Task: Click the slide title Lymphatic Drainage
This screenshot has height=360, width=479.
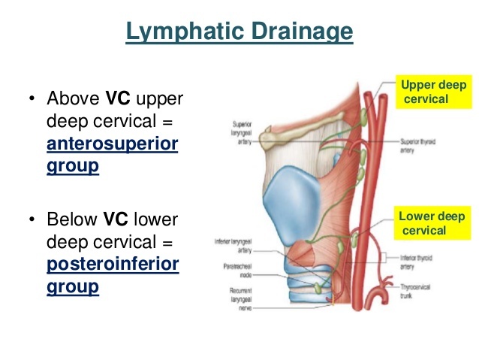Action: pos(239,32)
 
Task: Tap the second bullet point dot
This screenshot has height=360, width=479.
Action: pos(32,220)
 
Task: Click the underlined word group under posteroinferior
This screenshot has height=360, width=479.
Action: pos(73,286)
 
